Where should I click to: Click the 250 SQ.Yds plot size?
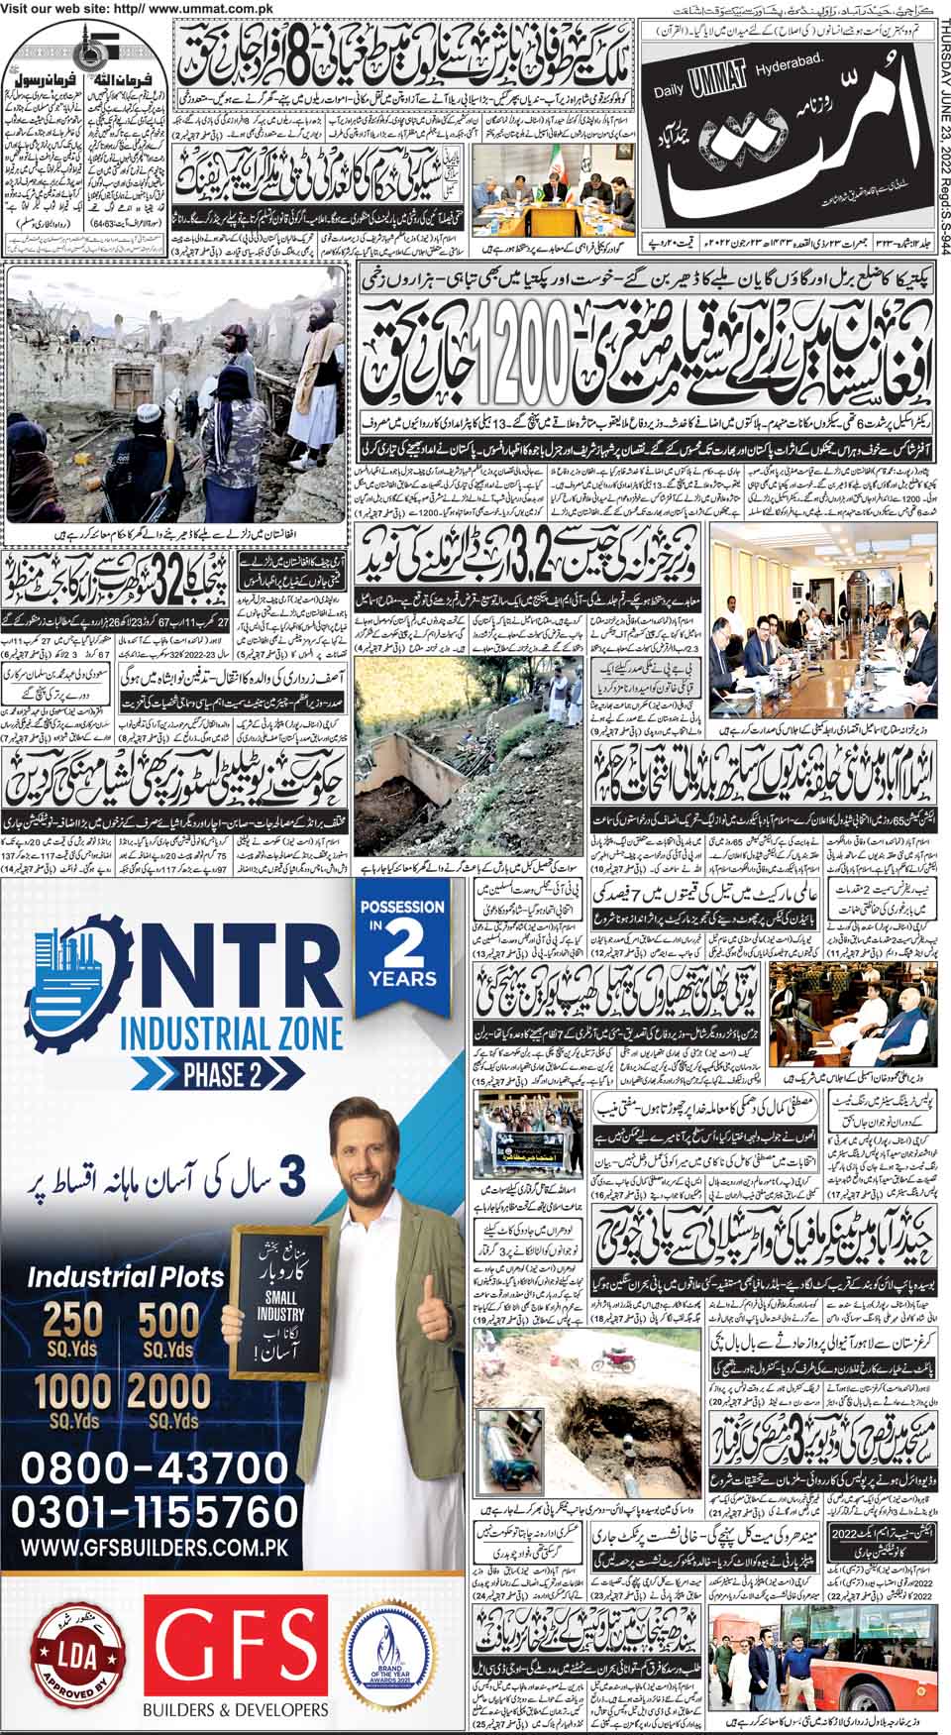click(x=73, y=1328)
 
